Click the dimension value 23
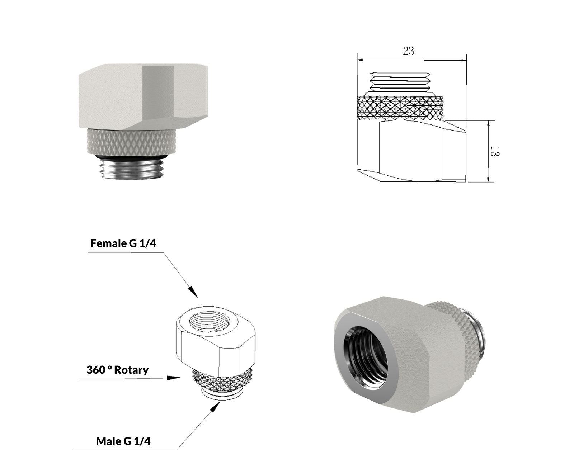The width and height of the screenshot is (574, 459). (x=408, y=51)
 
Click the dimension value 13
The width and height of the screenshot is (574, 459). (x=495, y=151)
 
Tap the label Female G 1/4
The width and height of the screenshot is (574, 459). (x=123, y=243)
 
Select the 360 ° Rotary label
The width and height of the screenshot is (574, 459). (x=117, y=370)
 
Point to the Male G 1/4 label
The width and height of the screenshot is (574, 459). (x=123, y=441)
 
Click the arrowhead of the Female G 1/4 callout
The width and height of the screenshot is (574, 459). (x=193, y=292)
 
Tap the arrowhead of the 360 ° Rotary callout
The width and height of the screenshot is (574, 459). (x=173, y=378)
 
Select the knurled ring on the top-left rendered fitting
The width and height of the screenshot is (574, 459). (x=132, y=141)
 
